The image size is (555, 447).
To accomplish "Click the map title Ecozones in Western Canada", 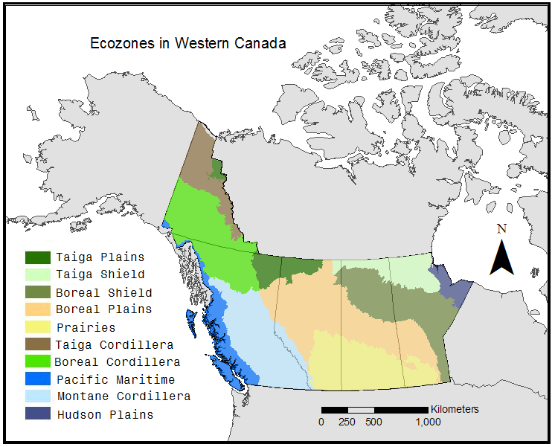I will pyautogui.click(x=187, y=43).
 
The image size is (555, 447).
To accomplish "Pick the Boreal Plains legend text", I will pyautogui.click(x=104, y=309).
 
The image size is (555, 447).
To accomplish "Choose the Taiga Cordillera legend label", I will pyautogui.click(x=115, y=345).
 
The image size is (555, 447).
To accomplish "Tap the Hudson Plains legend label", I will pyautogui.click(x=105, y=414).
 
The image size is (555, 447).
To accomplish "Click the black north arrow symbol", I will pyautogui.click(x=501, y=257).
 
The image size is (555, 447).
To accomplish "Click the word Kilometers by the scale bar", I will pyautogui.click(x=455, y=409).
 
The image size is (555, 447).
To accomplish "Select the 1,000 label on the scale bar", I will pyautogui.click(x=428, y=422).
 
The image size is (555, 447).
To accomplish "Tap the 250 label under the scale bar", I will pyautogui.click(x=347, y=422).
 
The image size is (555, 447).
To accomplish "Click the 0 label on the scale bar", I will pyautogui.click(x=321, y=422).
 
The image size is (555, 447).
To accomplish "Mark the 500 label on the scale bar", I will pyautogui.click(x=373, y=422).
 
